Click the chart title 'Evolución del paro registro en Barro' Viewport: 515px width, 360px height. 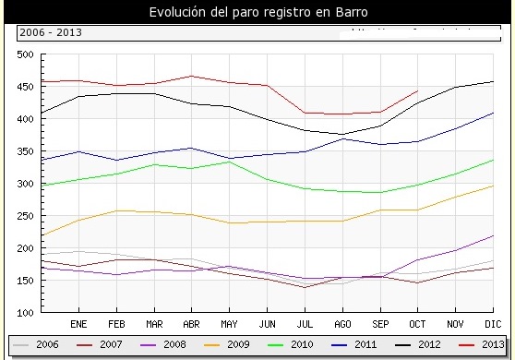tap(257, 12)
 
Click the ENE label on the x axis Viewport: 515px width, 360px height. tap(78, 325)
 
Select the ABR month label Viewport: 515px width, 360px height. tap(191, 325)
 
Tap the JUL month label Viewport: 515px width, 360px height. tap(305, 325)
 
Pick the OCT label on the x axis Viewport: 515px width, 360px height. tap(417, 325)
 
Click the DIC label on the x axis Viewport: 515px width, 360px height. tap(493, 325)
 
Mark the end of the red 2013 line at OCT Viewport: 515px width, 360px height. tap(418, 90)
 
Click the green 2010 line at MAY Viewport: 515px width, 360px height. tap(229, 162)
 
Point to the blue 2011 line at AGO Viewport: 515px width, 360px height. tap(342, 138)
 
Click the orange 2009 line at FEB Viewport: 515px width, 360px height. tap(116, 210)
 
